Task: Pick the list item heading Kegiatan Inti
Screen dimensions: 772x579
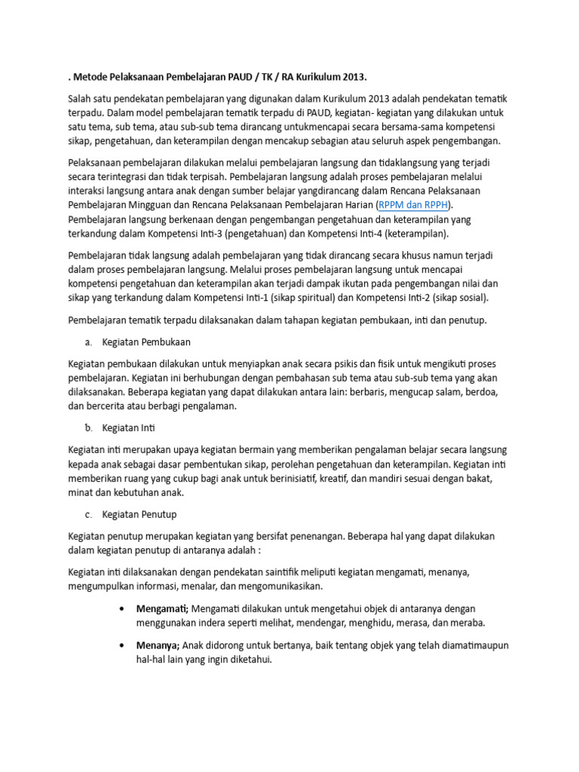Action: (128, 427)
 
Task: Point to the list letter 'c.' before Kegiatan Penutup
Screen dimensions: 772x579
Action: (89, 514)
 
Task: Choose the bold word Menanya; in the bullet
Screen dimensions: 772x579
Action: (158, 645)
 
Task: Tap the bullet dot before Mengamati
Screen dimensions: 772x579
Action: (122, 608)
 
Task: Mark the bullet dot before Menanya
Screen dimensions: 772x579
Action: (122, 645)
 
